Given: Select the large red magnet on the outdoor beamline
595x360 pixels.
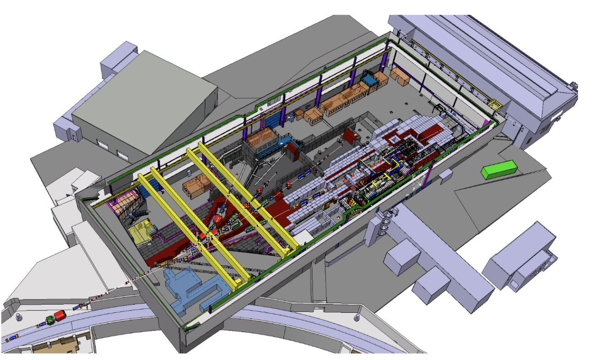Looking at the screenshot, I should pos(60,316).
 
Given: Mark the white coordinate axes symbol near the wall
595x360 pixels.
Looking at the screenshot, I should pos(416,183).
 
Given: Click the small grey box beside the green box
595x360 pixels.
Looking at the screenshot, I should pos(445,174).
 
